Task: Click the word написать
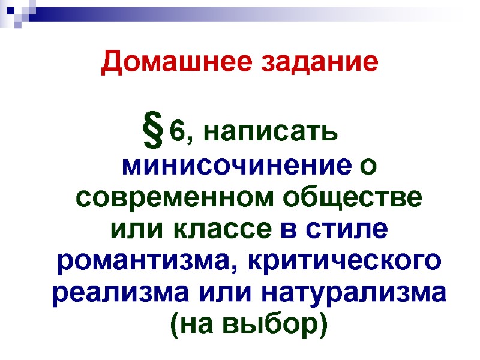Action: pos(271,133)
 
